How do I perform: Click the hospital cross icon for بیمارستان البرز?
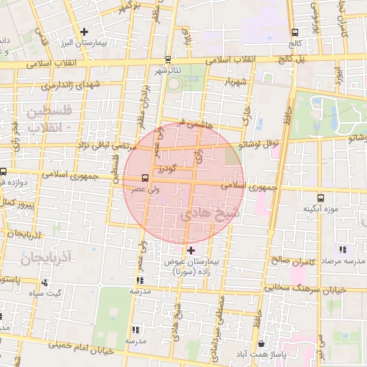click(85, 32)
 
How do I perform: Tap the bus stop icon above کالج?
click(295, 32)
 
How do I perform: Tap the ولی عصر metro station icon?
click(146, 177)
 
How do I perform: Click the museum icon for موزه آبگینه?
click(319, 197)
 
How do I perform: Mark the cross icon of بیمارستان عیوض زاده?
click(191, 249)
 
